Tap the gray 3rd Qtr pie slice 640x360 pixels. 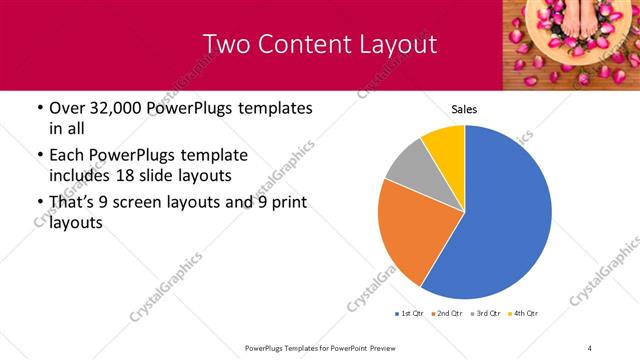pyautogui.click(x=407, y=165)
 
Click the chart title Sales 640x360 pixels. pyautogui.click(x=464, y=109)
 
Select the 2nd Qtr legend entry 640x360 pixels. pyautogui.click(x=447, y=314)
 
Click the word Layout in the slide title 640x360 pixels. pyautogui.click(x=392, y=45)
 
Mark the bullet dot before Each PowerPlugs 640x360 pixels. pyautogui.click(x=39, y=156)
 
